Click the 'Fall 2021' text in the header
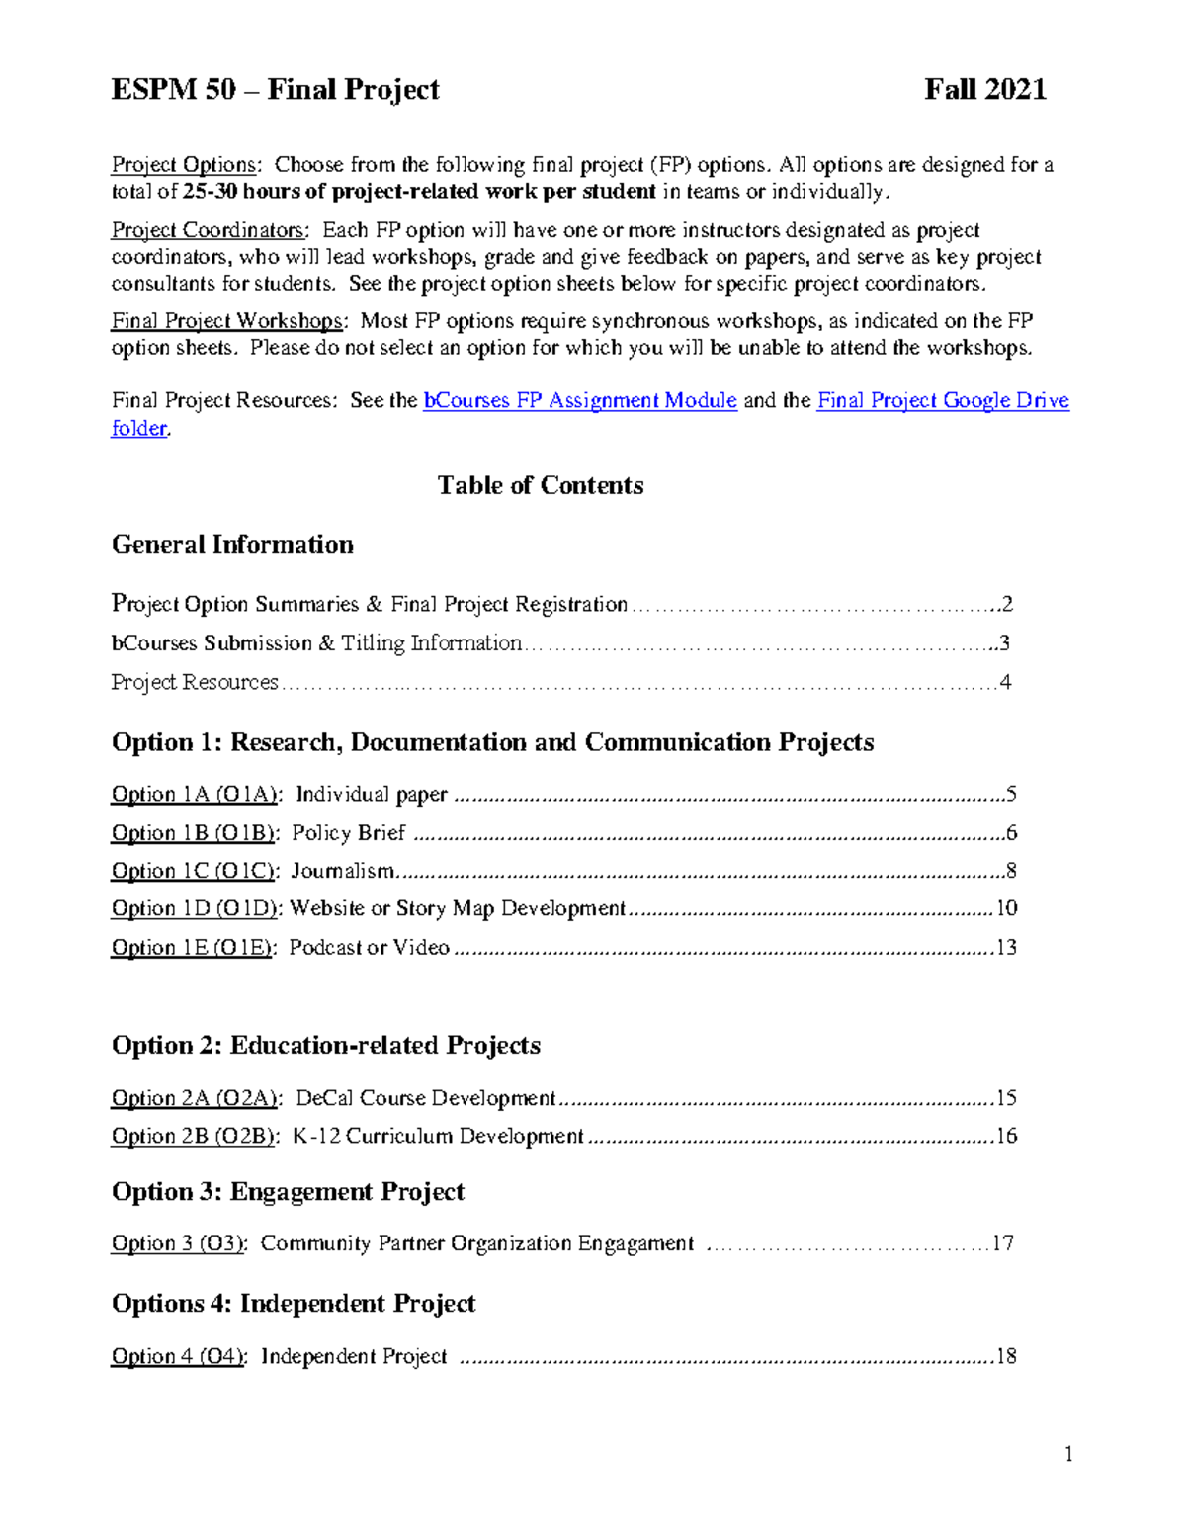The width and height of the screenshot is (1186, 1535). (984, 90)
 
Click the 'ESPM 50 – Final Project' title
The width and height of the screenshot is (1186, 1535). (275, 90)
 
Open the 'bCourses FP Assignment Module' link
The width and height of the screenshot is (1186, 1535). (580, 400)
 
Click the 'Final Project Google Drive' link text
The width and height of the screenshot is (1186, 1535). (943, 400)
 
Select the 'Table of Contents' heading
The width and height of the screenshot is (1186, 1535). (541, 485)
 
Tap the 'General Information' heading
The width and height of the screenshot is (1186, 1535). (232, 545)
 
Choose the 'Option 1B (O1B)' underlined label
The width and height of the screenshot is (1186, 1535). (194, 833)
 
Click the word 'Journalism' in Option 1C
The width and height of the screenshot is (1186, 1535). (342, 871)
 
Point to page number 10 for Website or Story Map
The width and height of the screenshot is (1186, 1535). (1006, 908)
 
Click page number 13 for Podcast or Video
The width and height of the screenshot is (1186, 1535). (1006, 948)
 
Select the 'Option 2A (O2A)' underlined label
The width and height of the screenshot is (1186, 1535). (196, 1098)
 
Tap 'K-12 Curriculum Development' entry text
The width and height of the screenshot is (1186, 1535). (438, 1137)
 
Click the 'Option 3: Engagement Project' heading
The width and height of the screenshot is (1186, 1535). (288, 1192)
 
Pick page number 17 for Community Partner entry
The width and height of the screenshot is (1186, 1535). (1003, 1243)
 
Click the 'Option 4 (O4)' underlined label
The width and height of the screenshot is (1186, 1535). (178, 1356)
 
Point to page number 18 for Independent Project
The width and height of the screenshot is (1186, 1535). (1006, 1356)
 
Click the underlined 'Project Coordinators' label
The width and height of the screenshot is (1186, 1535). (208, 230)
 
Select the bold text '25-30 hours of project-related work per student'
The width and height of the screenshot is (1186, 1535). (420, 192)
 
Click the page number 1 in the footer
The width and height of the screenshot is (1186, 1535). (1068, 1454)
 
